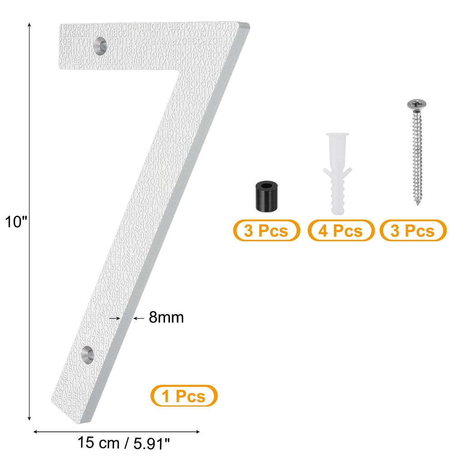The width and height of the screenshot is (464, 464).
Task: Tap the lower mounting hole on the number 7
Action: click(87, 354)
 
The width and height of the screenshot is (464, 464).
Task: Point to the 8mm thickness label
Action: click(166, 318)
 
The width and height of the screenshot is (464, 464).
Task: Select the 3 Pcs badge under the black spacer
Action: click(266, 231)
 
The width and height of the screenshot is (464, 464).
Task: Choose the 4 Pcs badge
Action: click(341, 231)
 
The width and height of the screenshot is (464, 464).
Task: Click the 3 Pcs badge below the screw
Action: click(413, 231)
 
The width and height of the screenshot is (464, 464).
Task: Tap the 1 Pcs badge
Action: click(184, 396)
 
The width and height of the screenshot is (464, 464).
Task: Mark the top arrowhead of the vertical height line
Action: click(30, 25)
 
